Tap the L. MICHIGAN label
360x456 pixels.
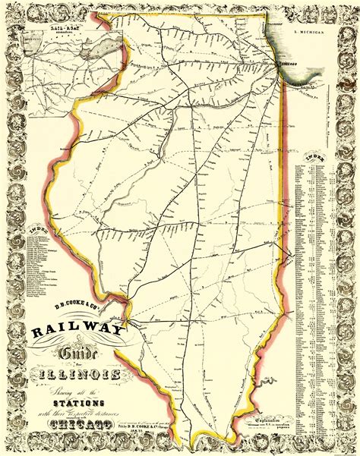click(x=307, y=34)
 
